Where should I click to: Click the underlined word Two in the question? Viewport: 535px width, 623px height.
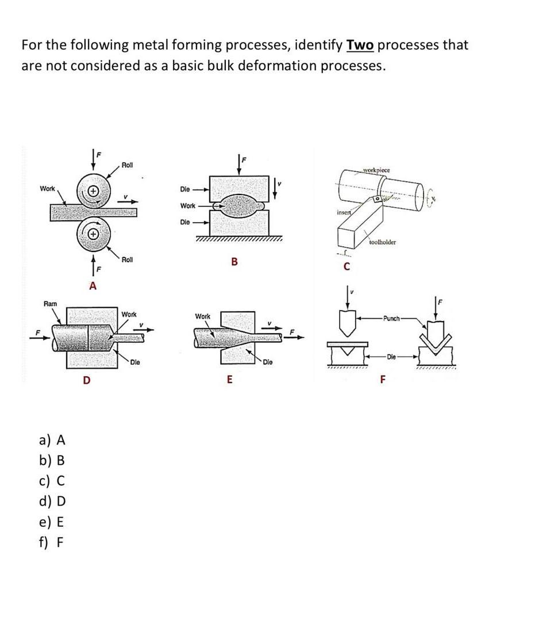tap(360, 45)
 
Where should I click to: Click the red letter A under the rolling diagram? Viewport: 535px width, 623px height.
tap(93, 286)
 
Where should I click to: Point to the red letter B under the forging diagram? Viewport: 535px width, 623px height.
tap(234, 262)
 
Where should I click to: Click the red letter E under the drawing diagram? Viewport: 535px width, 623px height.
tap(230, 379)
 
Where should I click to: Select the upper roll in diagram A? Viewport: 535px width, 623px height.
tap(94, 190)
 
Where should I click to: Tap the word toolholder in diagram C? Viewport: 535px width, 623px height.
tap(382, 242)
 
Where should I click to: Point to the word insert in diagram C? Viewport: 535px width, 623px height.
tap(344, 213)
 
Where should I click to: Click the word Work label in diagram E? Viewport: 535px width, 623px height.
tap(203, 316)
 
